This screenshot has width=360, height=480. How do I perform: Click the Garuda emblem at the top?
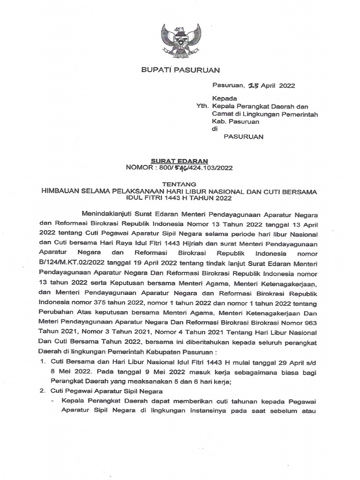(x=181, y=39)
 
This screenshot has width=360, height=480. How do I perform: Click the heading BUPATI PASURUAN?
(x=180, y=70)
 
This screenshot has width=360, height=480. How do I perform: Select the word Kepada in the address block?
(x=225, y=98)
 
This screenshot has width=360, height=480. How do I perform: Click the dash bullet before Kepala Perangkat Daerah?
(x=52, y=402)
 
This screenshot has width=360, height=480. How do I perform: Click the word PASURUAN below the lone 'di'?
(x=243, y=137)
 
